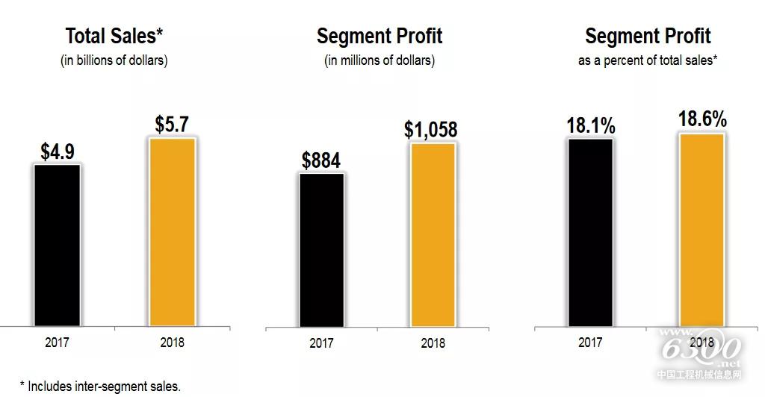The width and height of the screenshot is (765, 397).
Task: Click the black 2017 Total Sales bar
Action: click(57, 245)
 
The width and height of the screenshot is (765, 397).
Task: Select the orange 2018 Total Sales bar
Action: click(172, 232)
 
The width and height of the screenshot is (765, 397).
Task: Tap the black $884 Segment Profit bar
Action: click(321, 250)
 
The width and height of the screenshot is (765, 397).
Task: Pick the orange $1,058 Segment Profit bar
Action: click(433, 234)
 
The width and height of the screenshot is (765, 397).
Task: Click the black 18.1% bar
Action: click(590, 232)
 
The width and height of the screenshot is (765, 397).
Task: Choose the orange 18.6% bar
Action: click(701, 230)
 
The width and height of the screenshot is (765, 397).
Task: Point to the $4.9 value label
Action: click(57, 151)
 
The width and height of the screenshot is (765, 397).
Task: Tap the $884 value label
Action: click(321, 160)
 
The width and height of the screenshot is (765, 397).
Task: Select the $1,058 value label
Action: click(431, 129)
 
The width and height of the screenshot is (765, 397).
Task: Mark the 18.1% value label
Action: click(590, 125)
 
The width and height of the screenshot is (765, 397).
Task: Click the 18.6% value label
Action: click(702, 120)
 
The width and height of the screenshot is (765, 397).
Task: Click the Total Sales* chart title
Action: click(114, 36)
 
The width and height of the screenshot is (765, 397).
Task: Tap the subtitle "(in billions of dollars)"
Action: click(114, 61)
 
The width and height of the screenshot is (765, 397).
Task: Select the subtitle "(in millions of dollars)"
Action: click(380, 61)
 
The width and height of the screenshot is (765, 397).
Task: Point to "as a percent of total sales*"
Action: click(648, 61)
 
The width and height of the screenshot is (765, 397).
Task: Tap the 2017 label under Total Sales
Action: click(57, 343)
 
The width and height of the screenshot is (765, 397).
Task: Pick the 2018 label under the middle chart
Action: click(433, 344)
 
